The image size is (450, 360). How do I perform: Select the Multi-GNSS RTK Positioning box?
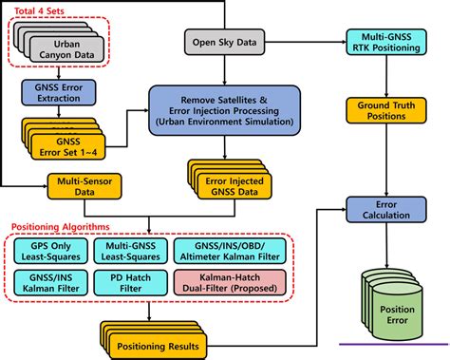(384, 43)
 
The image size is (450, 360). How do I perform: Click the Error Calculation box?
(384, 210)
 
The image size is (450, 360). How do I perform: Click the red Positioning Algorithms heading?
(67, 228)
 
